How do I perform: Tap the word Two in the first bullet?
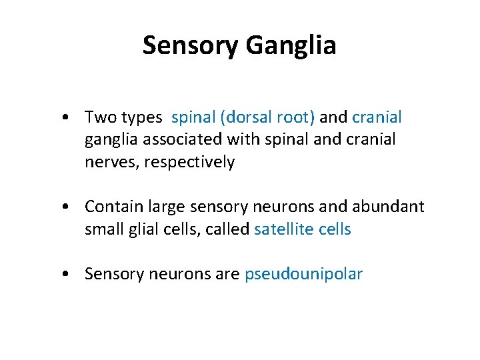click(101, 118)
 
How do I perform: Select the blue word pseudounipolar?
click(303, 274)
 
